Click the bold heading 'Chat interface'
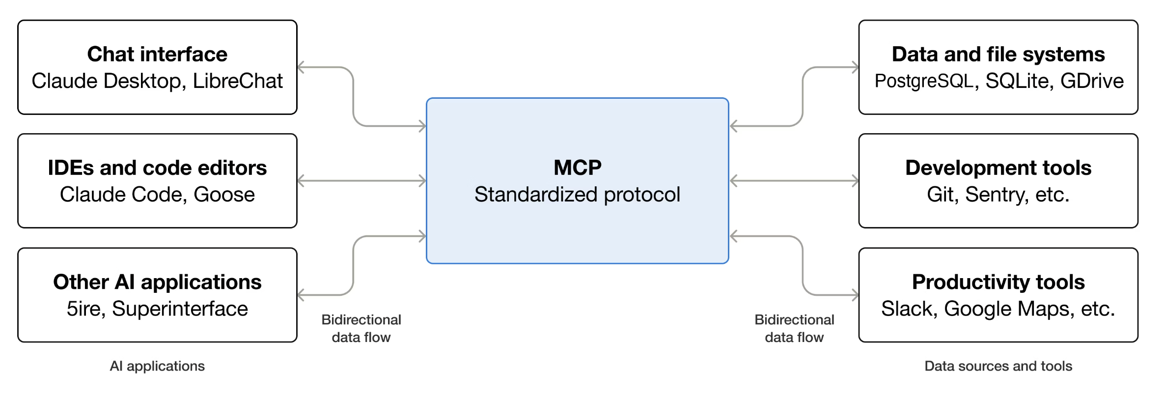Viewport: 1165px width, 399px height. point(157,54)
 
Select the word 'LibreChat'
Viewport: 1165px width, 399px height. point(238,81)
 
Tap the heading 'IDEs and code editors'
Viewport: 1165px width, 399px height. point(157,168)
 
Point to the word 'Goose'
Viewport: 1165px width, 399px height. point(224,195)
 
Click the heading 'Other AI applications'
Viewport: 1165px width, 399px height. point(157,282)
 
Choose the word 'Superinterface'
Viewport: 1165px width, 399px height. point(180,309)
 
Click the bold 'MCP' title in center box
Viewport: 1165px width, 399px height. point(577,168)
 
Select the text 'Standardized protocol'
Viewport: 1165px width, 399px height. point(577,195)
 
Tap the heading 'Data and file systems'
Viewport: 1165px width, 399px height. point(998,54)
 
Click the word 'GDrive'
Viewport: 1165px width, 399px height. point(1092,81)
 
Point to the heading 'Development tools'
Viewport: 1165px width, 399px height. point(998,168)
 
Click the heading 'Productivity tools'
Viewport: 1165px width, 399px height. point(998,282)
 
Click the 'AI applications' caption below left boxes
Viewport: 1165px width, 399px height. point(157,366)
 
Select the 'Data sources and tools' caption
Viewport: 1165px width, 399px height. point(998,366)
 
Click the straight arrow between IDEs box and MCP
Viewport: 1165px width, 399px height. point(361,181)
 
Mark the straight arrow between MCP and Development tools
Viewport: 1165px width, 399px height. point(794,181)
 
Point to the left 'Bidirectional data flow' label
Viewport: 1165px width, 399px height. point(361,328)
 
